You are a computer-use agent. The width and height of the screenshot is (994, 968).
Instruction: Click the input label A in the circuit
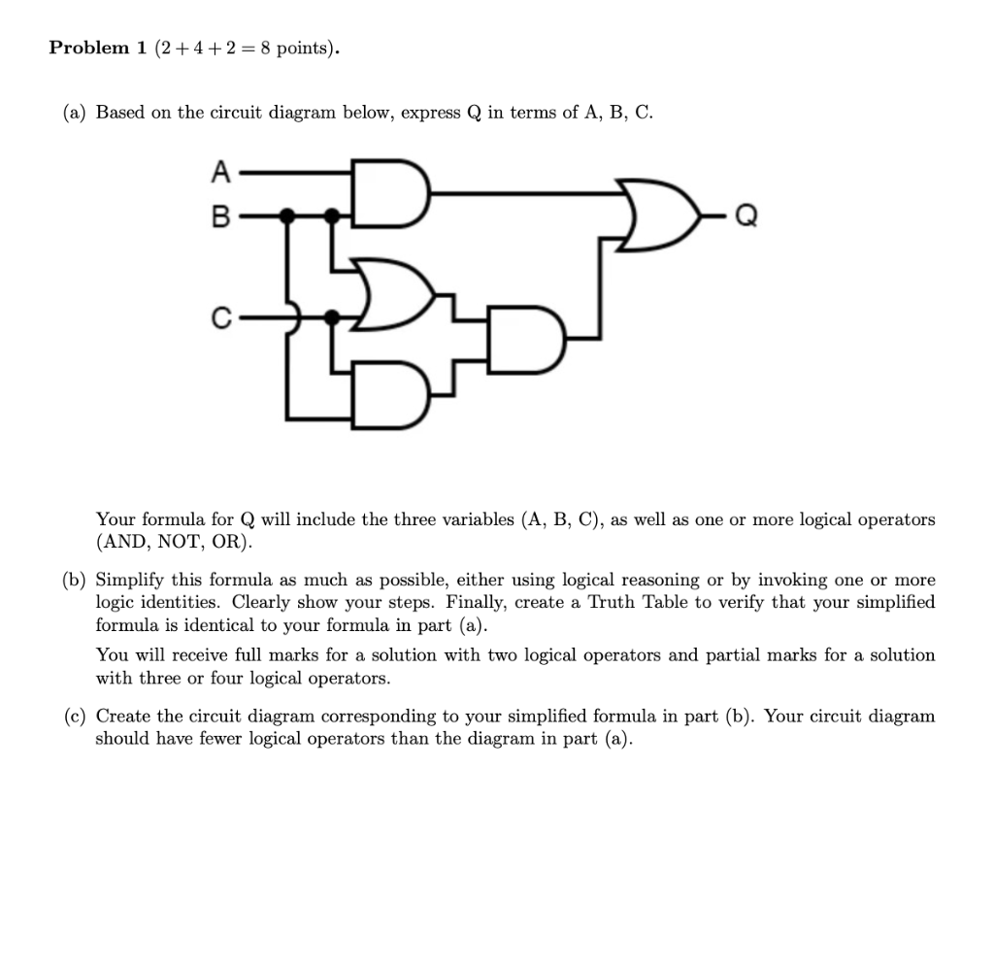220,173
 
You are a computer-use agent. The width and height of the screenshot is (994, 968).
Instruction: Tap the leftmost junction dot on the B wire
286,216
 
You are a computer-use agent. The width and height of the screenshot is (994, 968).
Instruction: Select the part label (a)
75,113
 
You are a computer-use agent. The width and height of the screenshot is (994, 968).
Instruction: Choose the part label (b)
75,581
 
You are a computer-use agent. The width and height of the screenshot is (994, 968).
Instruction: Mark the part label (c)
75,717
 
